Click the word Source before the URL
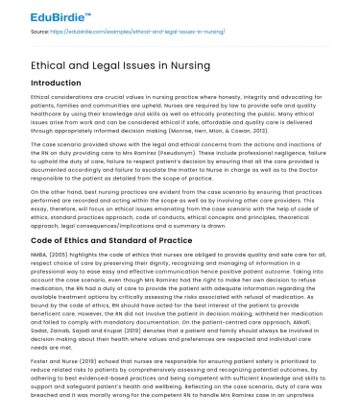pos(41,35)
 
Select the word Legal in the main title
pos(123,63)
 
